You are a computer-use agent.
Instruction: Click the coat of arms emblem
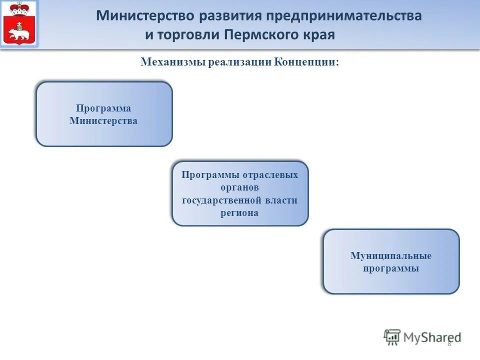click(19, 23)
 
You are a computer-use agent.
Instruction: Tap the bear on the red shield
click(19, 34)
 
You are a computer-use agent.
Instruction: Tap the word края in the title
click(317, 35)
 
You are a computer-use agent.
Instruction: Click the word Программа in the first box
click(103, 108)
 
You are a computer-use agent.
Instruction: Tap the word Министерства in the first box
click(103, 120)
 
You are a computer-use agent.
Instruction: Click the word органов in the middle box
click(239, 187)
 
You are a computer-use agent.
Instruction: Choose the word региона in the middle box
click(239, 212)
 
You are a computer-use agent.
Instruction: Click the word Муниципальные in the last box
click(391, 256)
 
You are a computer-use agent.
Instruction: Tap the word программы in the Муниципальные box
click(391, 268)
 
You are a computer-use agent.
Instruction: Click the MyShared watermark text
click(433, 337)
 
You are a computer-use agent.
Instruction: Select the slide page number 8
click(449, 342)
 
